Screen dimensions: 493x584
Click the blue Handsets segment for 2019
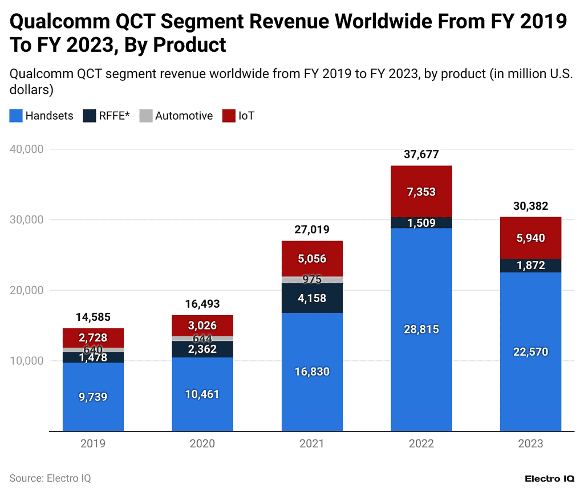point(93,397)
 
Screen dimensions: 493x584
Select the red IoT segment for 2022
point(421,192)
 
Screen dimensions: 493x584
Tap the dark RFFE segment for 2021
point(312,298)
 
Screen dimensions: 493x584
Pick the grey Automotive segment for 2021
point(312,280)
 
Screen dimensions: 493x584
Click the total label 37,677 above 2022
point(421,154)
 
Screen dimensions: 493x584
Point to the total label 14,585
point(93,317)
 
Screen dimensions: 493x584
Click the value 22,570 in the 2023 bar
point(530,352)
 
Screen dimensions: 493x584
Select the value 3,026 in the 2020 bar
point(202,326)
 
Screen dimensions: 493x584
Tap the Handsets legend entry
point(42,116)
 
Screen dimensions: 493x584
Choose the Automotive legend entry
point(177,116)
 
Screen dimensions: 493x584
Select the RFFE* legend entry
point(107,116)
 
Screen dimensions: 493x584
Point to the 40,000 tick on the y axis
point(27,149)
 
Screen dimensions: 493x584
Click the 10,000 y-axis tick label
point(27,361)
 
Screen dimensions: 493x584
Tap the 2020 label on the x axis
point(202,444)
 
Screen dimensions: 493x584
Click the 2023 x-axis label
point(530,444)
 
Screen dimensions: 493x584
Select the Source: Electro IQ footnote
point(50,478)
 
